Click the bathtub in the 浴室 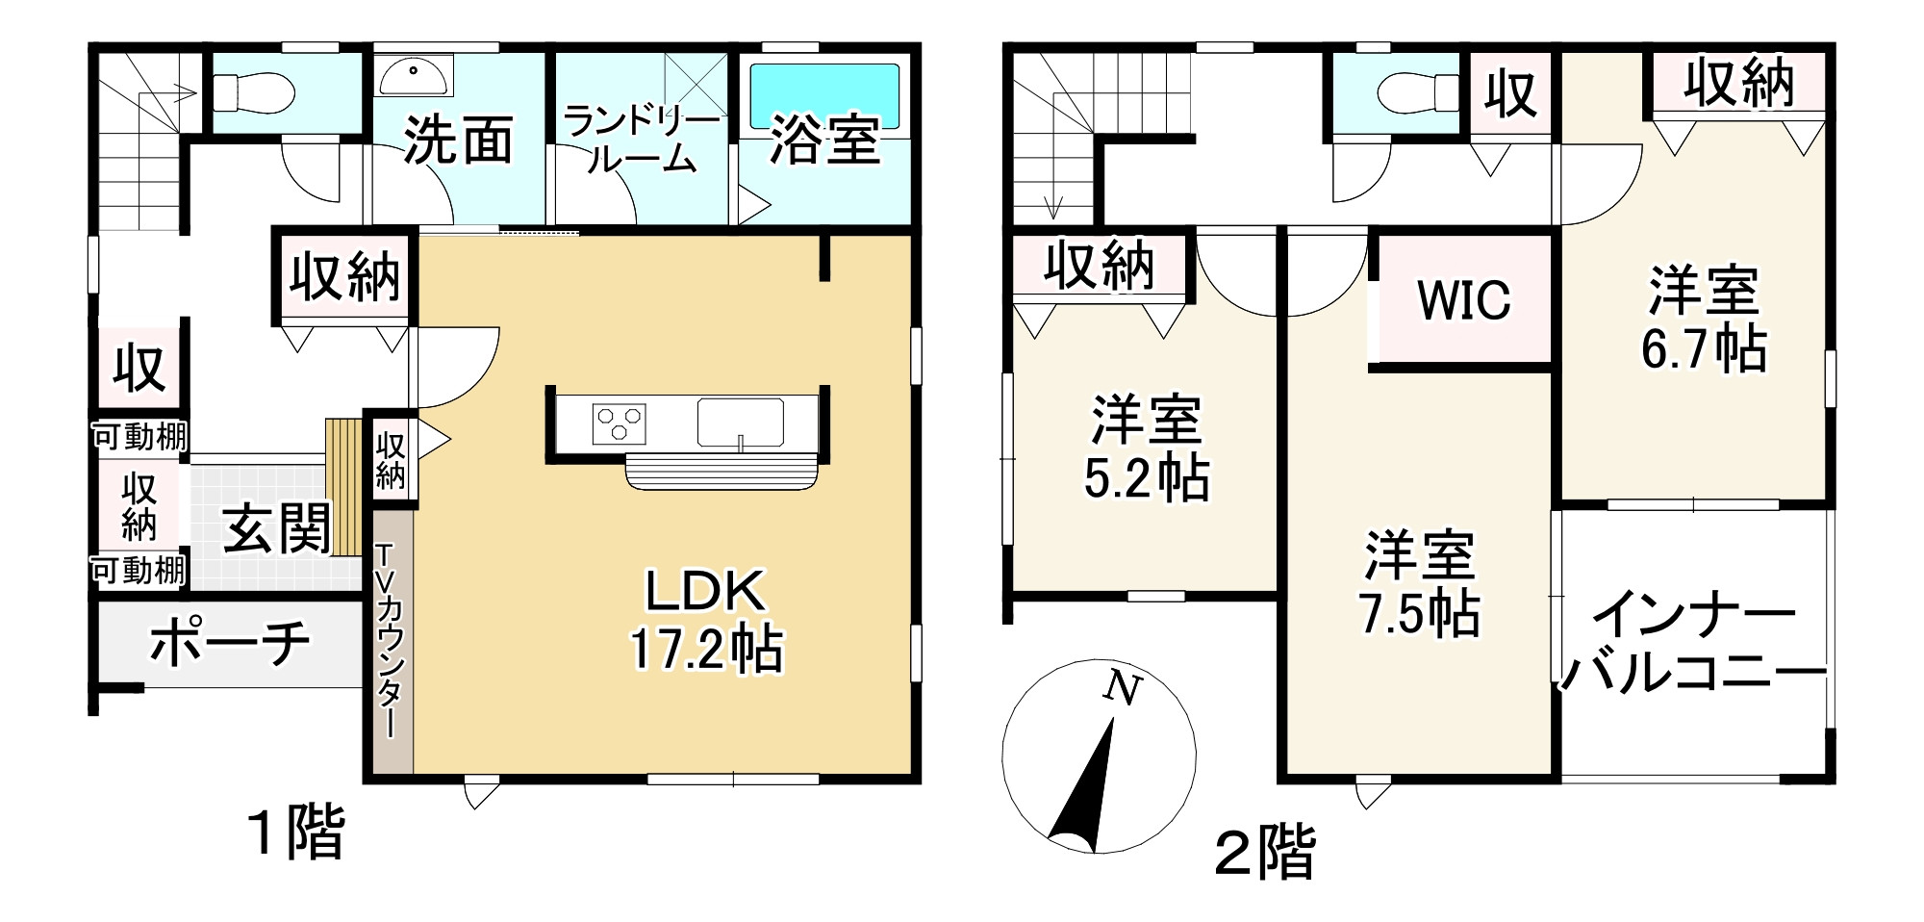point(824,95)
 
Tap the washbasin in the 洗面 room point(415,74)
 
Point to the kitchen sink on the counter point(740,423)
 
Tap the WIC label point(1464,300)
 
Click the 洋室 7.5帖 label point(1420,584)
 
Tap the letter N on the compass point(1122,689)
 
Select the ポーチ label point(231,643)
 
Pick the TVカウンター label point(389,640)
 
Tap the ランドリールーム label point(642,140)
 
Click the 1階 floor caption point(295,832)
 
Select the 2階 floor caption point(1264,853)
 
